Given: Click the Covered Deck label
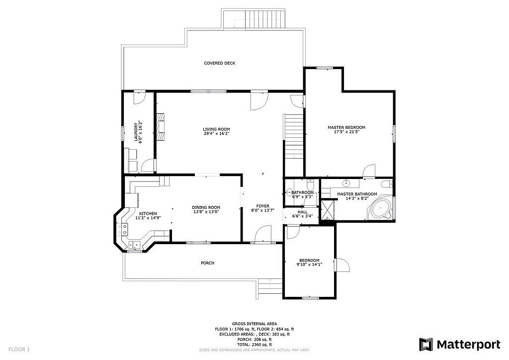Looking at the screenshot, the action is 219,63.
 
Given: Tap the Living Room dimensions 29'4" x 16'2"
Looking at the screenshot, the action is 217,133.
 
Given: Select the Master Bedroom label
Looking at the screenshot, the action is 346,127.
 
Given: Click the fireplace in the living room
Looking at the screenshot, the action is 161,127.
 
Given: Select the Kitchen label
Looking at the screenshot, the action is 148,213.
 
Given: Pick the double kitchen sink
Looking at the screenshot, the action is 134,246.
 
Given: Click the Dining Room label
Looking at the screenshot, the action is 206,207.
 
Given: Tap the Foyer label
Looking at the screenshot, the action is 262,206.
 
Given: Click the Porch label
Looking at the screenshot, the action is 207,263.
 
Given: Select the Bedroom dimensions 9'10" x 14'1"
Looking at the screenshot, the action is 309,265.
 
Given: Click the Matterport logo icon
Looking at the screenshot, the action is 425,345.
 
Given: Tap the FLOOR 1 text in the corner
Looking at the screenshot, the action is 19,350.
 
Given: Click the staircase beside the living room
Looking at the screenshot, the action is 293,136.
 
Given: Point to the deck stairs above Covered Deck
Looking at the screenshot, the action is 265,19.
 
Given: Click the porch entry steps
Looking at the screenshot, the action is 270,286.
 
